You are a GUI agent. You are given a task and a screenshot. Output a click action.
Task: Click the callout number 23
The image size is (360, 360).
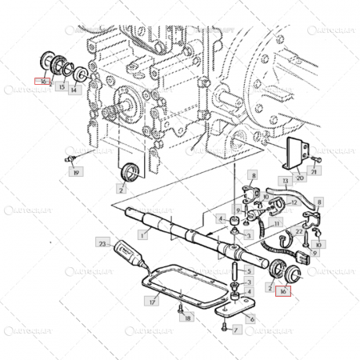102,242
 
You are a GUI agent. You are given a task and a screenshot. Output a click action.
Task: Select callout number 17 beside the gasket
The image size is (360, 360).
151,302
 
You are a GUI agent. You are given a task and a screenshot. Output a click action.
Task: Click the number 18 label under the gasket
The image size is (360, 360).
188,318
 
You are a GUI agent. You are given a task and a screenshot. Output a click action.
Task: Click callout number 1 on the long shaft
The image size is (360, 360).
143,235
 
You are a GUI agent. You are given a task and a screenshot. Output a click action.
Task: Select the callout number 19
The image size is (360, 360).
76,172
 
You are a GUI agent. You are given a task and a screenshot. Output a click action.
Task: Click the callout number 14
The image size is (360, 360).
74,90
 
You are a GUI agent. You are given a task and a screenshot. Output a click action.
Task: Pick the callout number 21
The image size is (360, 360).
314,172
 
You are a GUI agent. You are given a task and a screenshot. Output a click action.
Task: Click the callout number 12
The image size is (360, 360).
294,203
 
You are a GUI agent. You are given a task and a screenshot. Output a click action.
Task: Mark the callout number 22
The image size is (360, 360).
300,232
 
